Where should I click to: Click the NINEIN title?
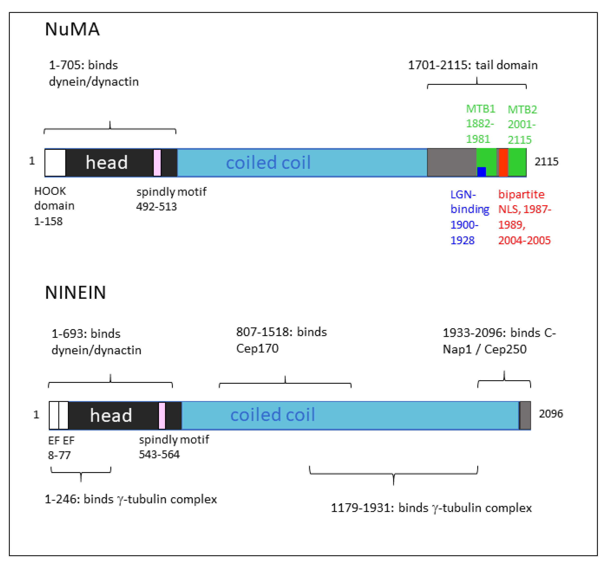pyautogui.click(x=75, y=293)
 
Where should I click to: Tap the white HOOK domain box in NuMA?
pyautogui.click(x=55, y=163)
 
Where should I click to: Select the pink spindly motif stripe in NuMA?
pyautogui.click(x=157, y=163)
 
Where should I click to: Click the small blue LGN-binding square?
pyautogui.click(x=481, y=172)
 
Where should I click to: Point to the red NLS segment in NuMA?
pyautogui.click(x=503, y=163)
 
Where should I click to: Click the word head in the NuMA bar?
pyautogui.click(x=107, y=163)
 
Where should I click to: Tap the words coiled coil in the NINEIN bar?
pyautogui.click(x=272, y=415)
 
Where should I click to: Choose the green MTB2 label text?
pyautogui.click(x=522, y=124)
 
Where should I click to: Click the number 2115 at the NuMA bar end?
pyautogui.click(x=546, y=162)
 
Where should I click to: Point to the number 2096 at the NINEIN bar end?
pyautogui.click(x=551, y=414)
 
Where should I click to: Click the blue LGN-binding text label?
pyautogui.click(x=469, y=217)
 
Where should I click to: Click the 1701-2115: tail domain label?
pyautogui.click(x=473, y=65)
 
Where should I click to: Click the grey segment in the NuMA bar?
pyautogui.click(x=451, y=163)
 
